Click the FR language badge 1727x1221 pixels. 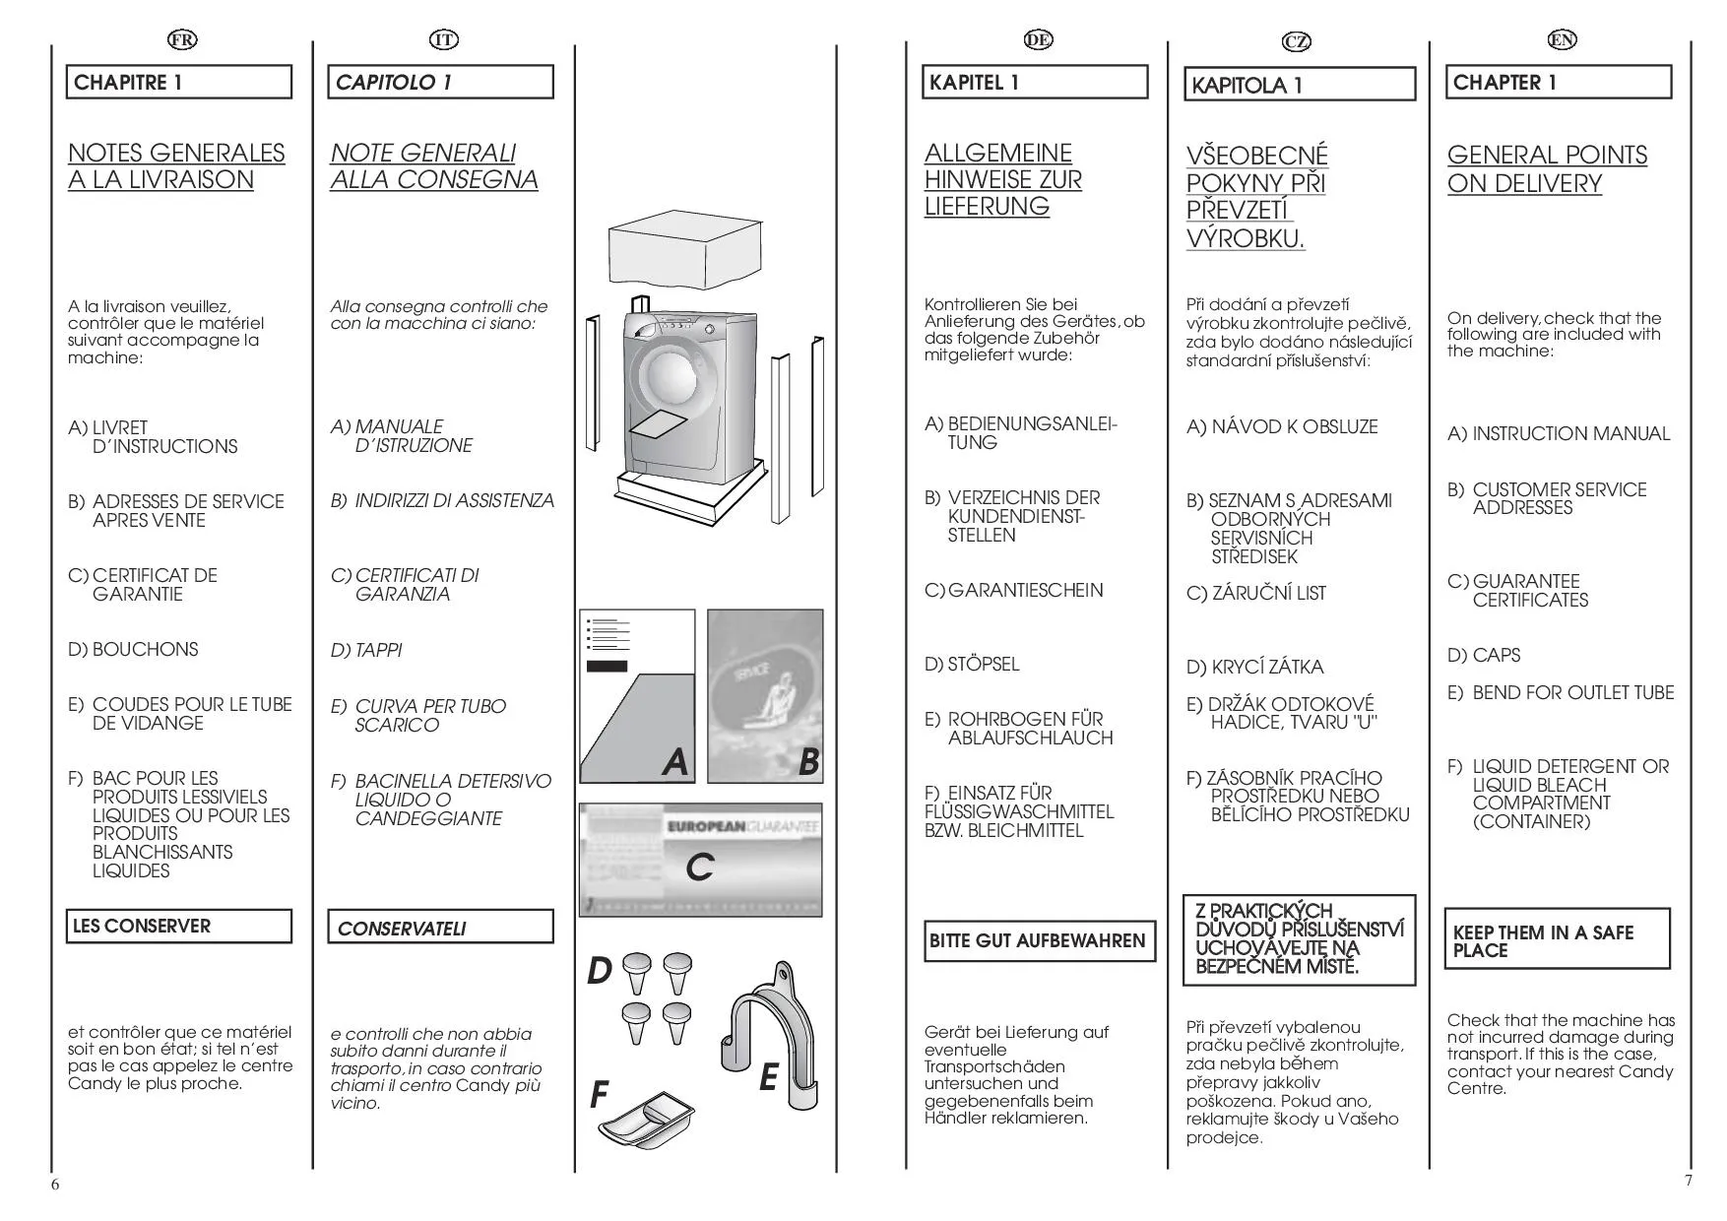(182, 39)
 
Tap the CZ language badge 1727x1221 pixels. (1298, 41)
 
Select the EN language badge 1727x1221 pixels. (1562, 39)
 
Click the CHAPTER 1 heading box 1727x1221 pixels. (1559, 83)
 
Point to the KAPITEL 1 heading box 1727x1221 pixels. (1035, 83)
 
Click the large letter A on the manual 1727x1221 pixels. (674, 761)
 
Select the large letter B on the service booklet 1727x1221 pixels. (808, 761)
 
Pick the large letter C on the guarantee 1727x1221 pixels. (699, 868)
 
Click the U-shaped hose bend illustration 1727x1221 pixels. (776, 1034)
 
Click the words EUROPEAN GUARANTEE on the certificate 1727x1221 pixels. (743, 827)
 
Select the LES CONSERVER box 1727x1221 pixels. (178, 927)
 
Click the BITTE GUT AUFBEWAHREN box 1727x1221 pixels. (1039, 941)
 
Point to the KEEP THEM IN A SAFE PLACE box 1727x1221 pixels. (1557, 940)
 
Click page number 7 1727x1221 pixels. (1689, 1180)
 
